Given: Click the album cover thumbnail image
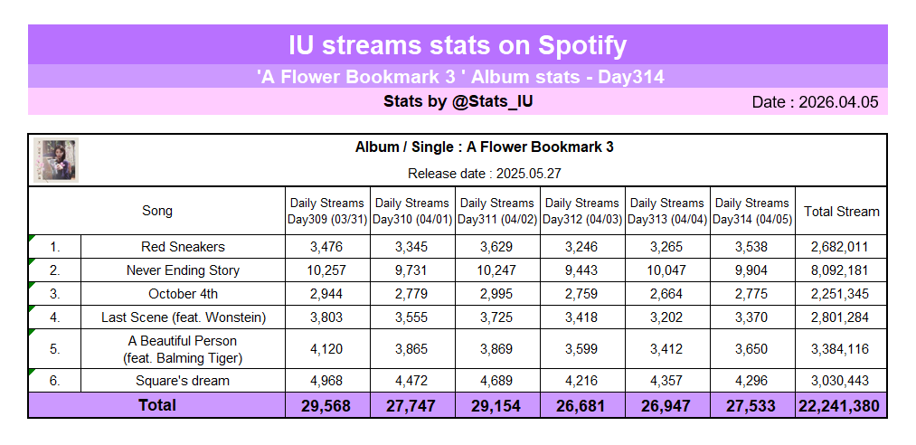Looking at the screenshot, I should (56, 160).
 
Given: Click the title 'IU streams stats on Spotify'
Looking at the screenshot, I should (458, 45).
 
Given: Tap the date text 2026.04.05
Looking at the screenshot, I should (815, 102).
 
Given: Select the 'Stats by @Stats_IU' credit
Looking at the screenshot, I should (458, 101).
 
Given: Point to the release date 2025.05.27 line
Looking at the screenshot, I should (484, 173).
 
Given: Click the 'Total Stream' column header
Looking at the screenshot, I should (841, 212).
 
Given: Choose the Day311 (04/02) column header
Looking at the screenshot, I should (497, 212).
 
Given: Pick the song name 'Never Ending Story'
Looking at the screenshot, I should (183, 270).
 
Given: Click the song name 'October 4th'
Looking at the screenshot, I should (183, 294).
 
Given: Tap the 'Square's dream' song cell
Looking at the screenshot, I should (183, 381).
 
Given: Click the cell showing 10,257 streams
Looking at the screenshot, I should (327, 270).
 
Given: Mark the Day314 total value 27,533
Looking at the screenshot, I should (752, 406).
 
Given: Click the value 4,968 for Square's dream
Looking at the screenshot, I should (327, 381).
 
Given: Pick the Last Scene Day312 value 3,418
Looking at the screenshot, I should (582, 317).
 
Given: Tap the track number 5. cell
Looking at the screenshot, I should (55, 349).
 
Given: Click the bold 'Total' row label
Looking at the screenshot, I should (157, 405).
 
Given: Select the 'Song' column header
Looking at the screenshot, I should (157, 212).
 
